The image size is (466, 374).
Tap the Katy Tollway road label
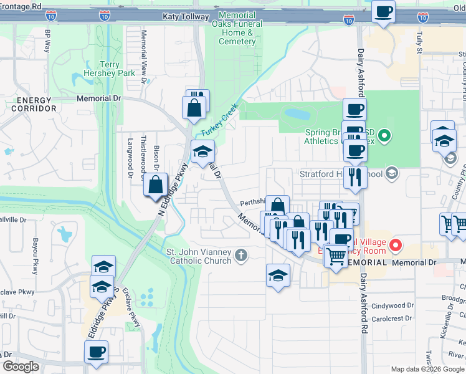185,17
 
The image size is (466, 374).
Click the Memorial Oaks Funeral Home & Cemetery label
237,28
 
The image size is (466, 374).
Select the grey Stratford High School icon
392,173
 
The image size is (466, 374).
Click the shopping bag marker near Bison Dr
155,185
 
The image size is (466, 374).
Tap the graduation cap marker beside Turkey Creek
202,151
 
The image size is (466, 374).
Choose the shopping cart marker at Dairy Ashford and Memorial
336,255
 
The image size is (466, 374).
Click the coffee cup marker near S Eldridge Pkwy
97,352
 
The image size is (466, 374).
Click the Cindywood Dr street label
392,306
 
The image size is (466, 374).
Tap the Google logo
21,367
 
